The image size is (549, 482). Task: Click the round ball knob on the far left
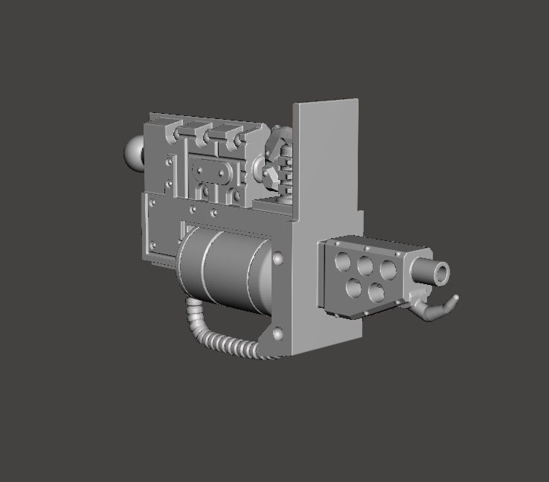point(135,152)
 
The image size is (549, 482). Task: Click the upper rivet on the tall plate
point(278,259)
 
